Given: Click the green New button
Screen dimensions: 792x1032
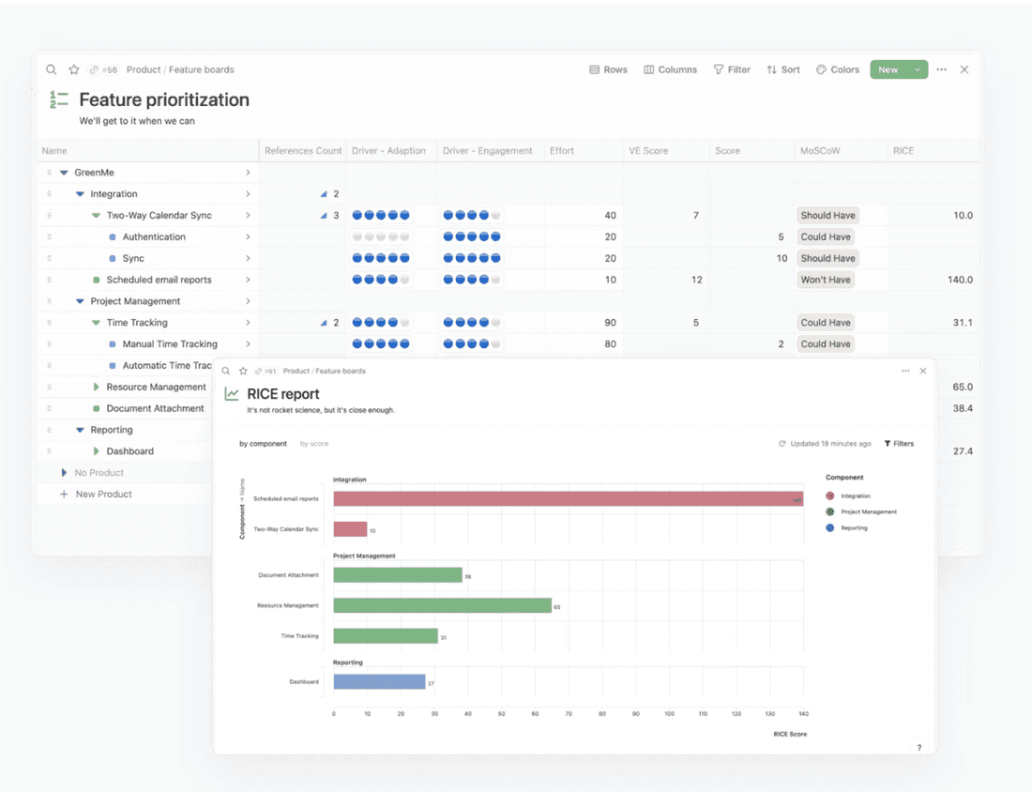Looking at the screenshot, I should [888, 69].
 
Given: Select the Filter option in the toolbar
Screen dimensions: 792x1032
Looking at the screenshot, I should [732, 69].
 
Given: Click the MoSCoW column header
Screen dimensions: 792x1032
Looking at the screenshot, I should [821, 150].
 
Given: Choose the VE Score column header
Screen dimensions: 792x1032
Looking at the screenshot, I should [647, 150].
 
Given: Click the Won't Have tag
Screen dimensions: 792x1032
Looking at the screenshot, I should [826, 280].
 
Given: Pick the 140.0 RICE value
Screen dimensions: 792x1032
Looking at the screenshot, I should [958, 280].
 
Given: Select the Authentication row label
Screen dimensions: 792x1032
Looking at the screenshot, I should [154, 236].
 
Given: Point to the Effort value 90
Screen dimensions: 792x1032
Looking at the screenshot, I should [610, 323].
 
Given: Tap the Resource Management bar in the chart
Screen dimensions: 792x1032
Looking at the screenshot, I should [442, 605].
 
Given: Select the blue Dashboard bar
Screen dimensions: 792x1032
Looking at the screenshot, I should [379, 682].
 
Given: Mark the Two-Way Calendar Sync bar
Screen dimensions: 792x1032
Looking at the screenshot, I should [350, 529].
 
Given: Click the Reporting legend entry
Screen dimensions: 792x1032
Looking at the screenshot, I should [854, 528].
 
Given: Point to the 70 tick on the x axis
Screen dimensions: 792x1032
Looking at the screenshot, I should [569, 713].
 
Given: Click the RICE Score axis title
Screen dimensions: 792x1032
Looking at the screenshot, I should [790, 734].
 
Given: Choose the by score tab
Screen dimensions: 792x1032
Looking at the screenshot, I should [314, 444].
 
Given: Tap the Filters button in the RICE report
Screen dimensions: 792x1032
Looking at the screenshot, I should [899, 444].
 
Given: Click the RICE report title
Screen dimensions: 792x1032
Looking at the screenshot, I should [282, 394].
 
